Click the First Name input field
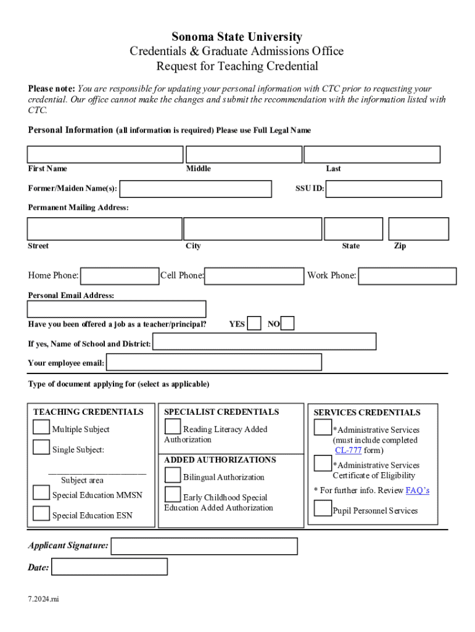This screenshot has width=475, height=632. pos(105,154)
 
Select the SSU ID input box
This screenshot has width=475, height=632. pos(383,189)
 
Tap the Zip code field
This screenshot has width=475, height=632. pos(418,229)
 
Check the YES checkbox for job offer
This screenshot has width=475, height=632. pos(254,324)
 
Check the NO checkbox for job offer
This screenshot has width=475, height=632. pos(287,324)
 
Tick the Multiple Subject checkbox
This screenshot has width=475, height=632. pos(41,428)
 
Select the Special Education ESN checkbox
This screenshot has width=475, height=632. pos(41,513)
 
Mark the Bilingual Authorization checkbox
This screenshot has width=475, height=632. pos(173,475)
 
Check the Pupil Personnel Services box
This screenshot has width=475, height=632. pos(322,509)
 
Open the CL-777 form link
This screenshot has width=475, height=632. pos(348,451)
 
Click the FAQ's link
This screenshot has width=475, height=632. pos(417,491)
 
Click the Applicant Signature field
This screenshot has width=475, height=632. pos(204,546)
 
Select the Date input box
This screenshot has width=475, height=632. pos(109,567)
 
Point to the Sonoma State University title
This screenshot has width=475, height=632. pos(237,37)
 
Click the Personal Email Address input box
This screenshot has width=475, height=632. pos(117,309)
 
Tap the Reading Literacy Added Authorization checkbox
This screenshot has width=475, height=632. pos(173,427)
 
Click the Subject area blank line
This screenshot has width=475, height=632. pos(97,473)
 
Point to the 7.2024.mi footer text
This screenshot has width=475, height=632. pos(43,599)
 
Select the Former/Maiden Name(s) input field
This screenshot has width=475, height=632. pos(195,189)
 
